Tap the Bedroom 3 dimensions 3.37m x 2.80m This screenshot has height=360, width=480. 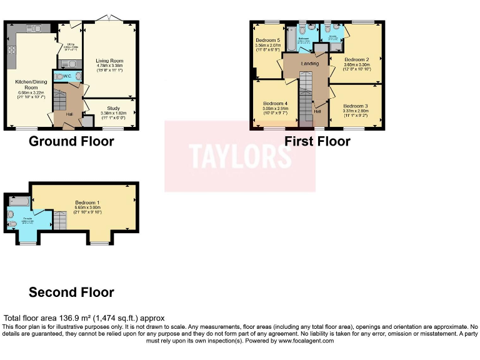click(x=356, y=111)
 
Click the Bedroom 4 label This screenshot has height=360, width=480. click(x=275, y=103)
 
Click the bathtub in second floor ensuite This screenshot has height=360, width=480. click(x=18, y=201)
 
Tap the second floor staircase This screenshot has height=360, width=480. click(x=58, y=219)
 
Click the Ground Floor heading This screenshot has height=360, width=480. click(x=71, y=141)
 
